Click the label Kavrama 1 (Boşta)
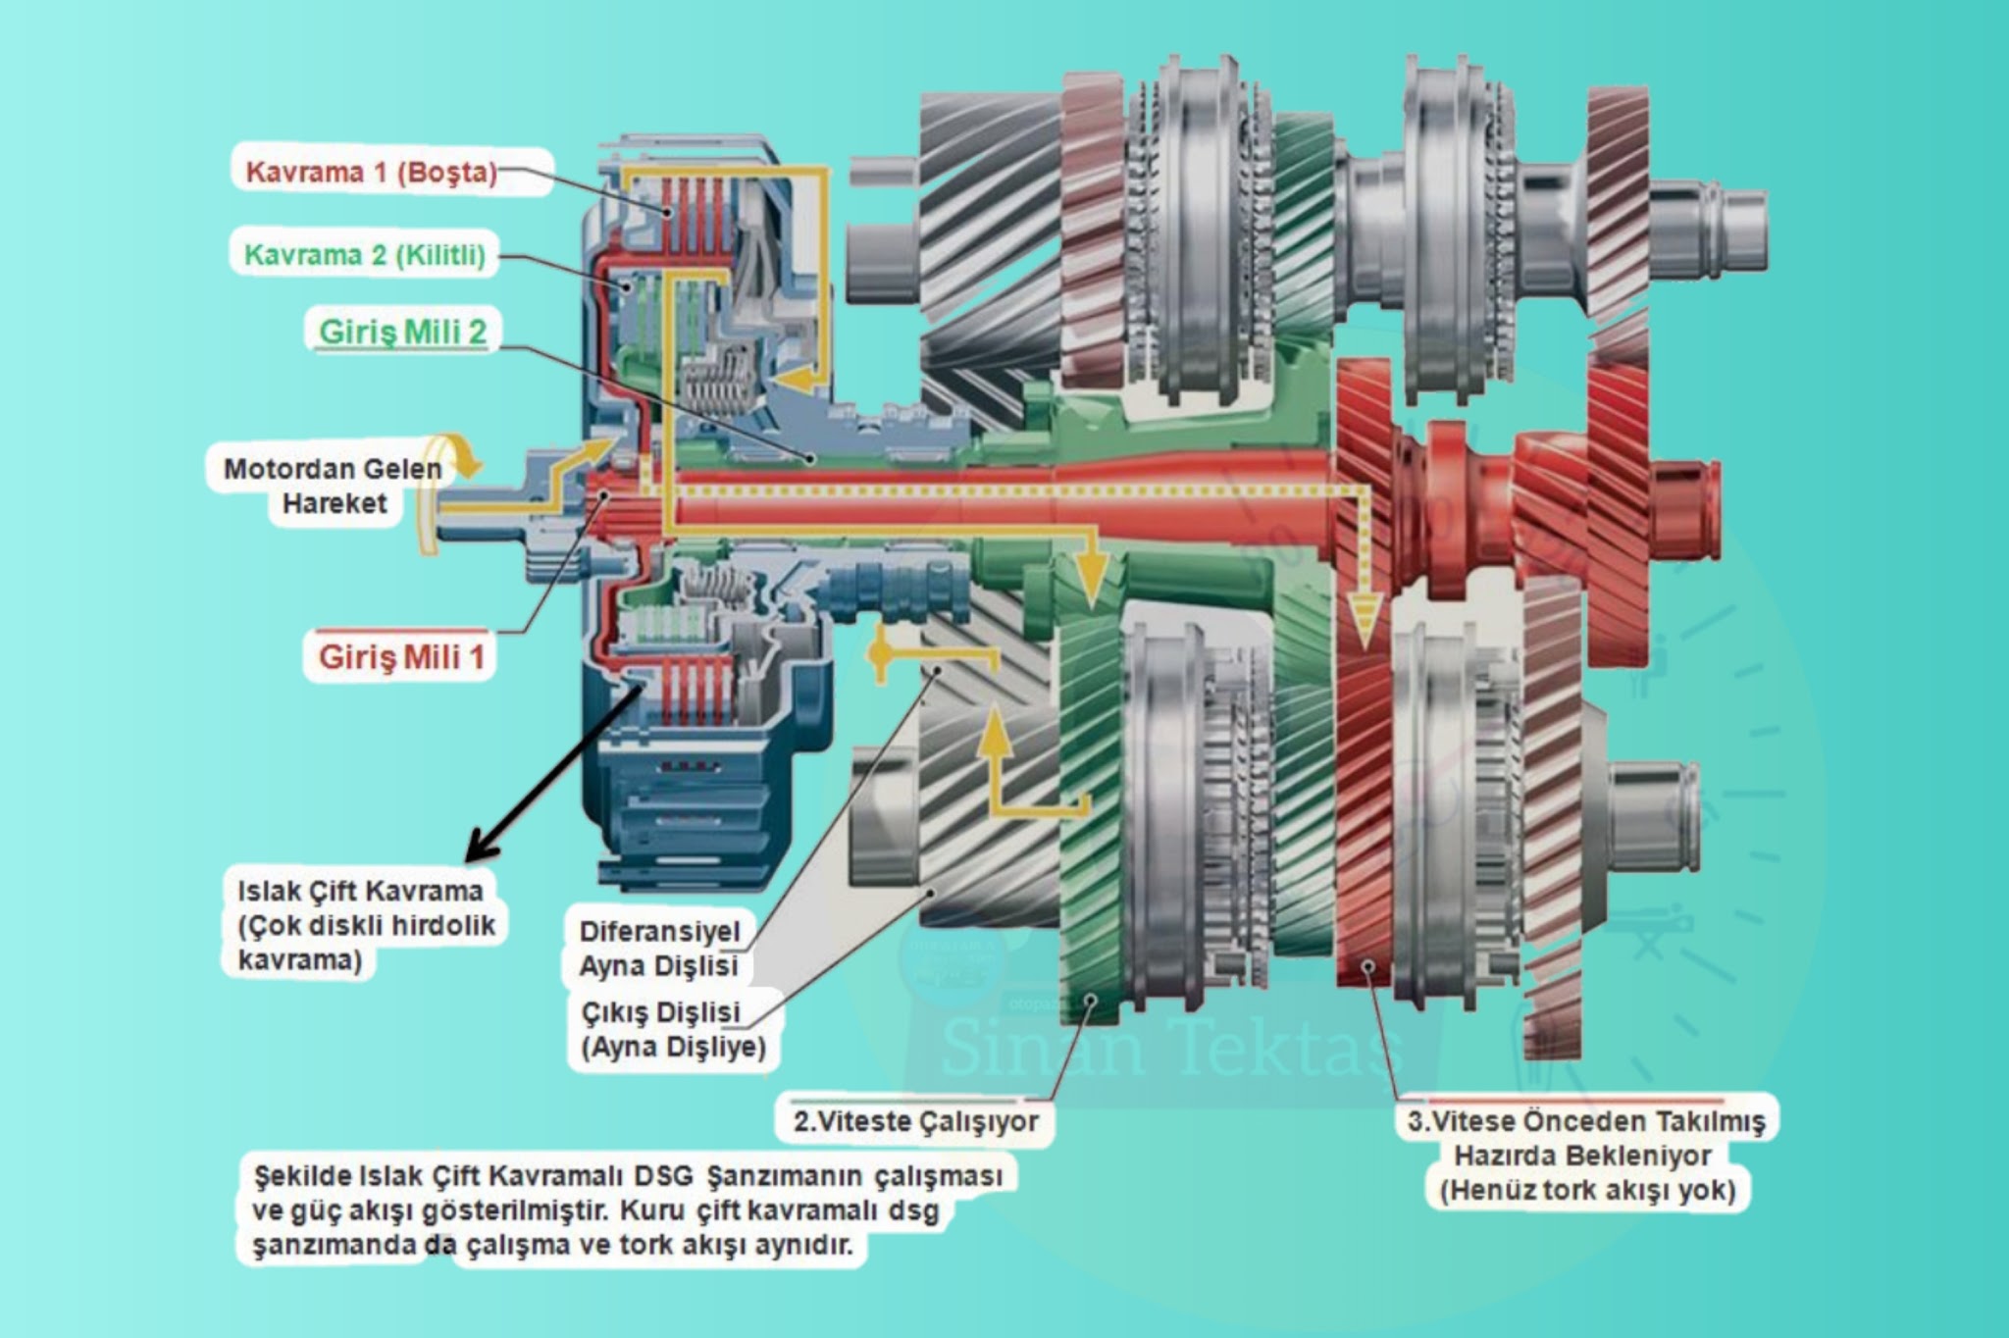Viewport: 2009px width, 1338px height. [371, 173]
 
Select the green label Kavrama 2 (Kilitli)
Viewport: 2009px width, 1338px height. [365, 256]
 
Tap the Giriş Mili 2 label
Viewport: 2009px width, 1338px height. [402, 332]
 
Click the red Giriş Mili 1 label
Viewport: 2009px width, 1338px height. [401, 656]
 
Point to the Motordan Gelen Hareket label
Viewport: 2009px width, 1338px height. [333, 487]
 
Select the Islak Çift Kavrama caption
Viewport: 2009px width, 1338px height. [361, 891]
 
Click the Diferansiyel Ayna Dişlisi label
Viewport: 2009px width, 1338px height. [659, 949]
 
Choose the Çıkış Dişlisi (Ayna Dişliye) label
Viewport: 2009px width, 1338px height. [673, 1029]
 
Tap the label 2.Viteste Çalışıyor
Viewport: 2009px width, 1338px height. [915, 1120]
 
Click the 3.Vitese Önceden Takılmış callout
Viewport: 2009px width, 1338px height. [1586, 1121]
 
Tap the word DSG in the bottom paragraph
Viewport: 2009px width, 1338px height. [662, 1175]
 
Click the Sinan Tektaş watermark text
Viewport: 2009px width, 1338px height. [1172, 1045]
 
